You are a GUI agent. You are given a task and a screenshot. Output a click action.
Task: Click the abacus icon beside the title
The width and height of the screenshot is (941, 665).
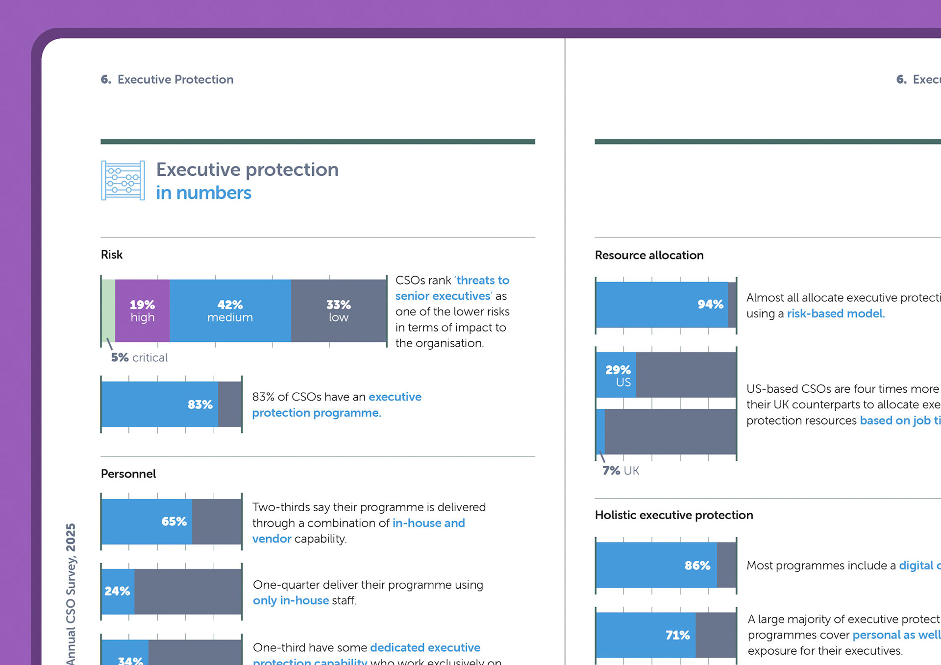(x=123, y=180)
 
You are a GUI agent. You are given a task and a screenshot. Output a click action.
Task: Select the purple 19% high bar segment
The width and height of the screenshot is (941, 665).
(x=142, y=310)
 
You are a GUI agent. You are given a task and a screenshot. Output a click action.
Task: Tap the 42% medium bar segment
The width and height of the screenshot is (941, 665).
(x=230, y=310)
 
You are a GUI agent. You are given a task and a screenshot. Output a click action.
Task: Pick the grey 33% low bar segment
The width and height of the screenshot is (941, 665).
(x=338, y=310)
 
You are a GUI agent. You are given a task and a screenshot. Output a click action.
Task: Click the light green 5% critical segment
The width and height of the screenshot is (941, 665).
(x=108, y=310)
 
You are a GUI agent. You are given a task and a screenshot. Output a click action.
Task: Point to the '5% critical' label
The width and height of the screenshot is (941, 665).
(x=139, y=357)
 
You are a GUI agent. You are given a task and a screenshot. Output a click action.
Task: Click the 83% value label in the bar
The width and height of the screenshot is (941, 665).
(x=200, y=404)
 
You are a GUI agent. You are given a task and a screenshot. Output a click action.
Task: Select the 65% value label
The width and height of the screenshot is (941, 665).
(x=174, y=522)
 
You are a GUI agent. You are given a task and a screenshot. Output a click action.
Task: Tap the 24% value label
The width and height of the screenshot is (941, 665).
(x=117, y=591)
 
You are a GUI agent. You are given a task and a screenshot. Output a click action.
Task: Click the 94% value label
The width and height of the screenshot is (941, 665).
(x=710, y=304)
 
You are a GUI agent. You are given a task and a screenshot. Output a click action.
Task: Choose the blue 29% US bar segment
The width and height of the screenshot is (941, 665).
(x=617, y=375)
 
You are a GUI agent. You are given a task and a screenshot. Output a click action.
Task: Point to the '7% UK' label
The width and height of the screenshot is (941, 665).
(x=620, y=471)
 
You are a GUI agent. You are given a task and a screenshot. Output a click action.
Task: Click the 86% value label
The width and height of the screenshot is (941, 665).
(x=697, y=566)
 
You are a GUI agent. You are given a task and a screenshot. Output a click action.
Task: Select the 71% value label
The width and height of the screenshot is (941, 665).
(x=677, y=635)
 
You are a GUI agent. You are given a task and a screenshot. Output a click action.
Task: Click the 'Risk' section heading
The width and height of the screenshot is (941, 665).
(x=112, y=255)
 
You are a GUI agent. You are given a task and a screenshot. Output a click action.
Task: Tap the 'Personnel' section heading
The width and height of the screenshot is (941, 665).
(x=128, y=474)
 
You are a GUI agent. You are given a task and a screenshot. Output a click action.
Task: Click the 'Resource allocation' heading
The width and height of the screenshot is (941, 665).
(x=649, y=255)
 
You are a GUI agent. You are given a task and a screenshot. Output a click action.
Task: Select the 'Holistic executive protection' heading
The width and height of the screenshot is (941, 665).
(x=673, y=515)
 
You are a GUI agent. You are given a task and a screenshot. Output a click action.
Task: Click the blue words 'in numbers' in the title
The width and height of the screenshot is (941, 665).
(x=203, y=193)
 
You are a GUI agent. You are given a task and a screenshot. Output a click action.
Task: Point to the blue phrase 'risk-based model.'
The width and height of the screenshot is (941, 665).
(x=836, y=313)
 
